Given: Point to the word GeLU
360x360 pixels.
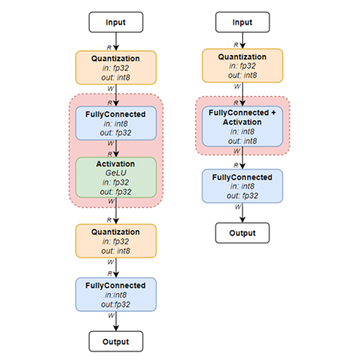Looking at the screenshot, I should (116, 171).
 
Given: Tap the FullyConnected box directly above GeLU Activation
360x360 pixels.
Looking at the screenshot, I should (116, 124).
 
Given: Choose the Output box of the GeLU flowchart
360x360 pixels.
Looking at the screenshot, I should (116, 341).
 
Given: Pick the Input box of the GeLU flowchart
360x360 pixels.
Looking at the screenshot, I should (116, 21).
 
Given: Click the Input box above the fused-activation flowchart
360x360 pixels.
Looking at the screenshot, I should (243, 21).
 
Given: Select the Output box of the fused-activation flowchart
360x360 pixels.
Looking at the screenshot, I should (243, 231).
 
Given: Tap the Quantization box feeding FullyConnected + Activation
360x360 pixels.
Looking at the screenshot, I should (243, 65).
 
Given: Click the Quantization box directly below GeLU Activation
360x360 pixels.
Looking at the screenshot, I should (116, 241).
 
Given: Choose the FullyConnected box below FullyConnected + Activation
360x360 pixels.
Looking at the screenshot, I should (243, 186).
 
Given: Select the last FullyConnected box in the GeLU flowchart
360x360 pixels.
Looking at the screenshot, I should (116, 293).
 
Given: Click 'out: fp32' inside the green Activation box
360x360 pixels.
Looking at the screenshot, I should (116, 191).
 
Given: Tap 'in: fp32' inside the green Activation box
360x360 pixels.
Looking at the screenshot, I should (116, 181).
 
